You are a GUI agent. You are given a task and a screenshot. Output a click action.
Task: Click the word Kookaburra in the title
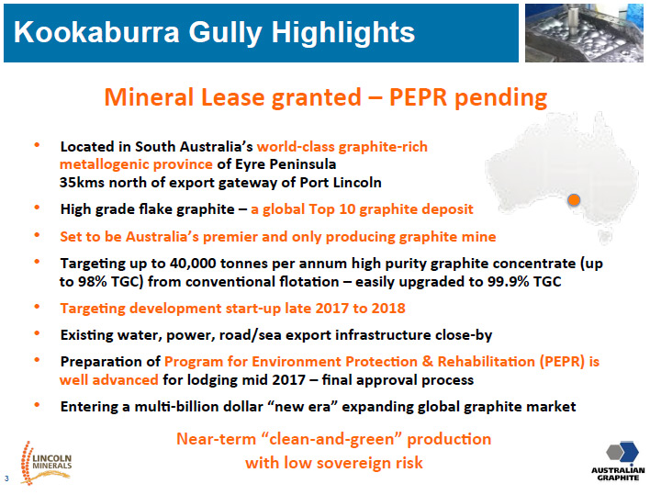(x=96, y=32)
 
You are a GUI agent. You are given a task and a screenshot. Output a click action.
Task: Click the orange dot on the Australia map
(x=574, y=200)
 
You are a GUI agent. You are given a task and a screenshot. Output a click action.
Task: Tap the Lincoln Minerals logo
(x=46, y=463)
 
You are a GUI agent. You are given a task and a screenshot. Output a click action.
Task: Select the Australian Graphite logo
(x=618, y=461)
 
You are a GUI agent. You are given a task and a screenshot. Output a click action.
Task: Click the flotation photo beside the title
(x=584, y=33)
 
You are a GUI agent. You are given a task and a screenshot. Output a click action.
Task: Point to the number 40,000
(x=193, y=264)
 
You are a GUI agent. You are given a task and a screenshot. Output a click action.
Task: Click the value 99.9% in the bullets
(x=509, y=282)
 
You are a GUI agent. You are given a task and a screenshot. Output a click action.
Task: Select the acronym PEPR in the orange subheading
(x=418, y=97)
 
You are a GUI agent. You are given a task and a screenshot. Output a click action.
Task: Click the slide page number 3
(x=6, y=478)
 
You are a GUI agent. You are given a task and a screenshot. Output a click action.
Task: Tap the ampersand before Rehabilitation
(x=428, y=362)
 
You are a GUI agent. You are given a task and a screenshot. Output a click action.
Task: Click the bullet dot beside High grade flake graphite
(x=37, y=208)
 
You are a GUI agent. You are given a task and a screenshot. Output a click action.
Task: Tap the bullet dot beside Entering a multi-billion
(x=37, y=405)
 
